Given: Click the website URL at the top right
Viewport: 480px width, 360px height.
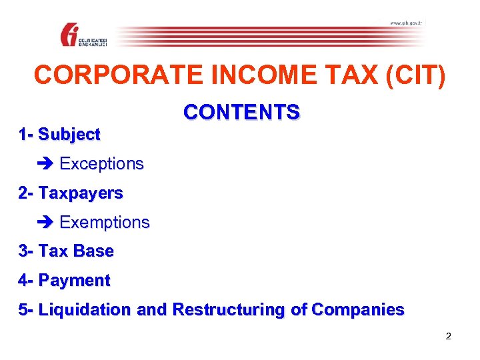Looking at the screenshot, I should [405, 23].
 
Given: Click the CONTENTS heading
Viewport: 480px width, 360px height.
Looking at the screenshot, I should [241, 112].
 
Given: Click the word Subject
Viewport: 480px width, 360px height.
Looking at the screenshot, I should [69, 134].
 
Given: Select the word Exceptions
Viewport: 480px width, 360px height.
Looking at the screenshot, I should [101, 163].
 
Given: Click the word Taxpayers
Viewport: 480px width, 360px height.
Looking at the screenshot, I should [81, 193].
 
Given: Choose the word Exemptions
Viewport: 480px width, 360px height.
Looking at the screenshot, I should [105, 222].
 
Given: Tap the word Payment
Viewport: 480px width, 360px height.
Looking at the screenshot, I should [75, 281].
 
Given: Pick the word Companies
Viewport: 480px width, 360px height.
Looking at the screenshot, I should [357, 310].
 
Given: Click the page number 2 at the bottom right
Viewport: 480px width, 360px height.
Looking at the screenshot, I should [448, 336].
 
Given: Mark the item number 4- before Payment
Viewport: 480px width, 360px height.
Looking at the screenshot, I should [27, 281].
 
